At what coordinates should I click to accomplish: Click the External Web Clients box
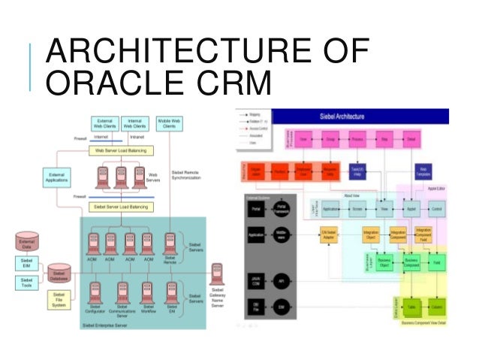[104, 123]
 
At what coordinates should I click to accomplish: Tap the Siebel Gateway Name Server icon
[218, 275]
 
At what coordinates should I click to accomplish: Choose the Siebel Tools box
[26, 283]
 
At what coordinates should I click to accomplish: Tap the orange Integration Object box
[372, 234]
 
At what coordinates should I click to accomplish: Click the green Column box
[436, 307]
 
